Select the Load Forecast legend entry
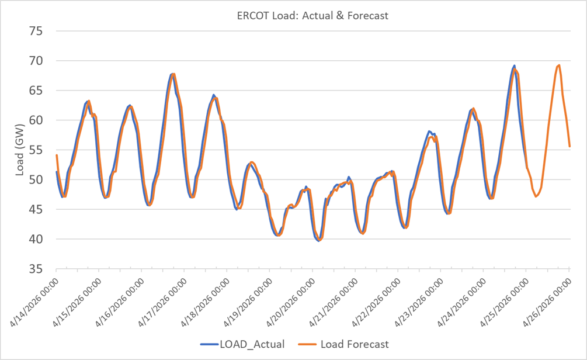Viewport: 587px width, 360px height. coord(344,344)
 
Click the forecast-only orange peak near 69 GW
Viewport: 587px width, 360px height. coord(559,65)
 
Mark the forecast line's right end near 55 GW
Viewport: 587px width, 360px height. coord(569,146)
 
